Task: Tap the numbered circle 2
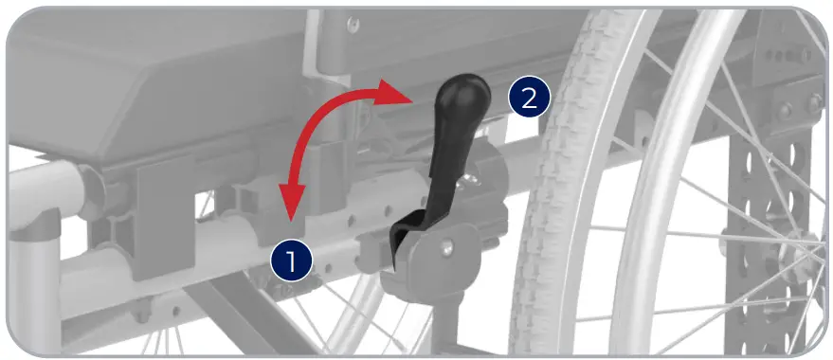click(x=527, y=98)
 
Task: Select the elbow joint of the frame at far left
click(x=38, y=224)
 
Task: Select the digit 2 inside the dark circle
click(x=527, y=98)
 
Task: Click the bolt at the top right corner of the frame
click(x=813, y=101)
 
